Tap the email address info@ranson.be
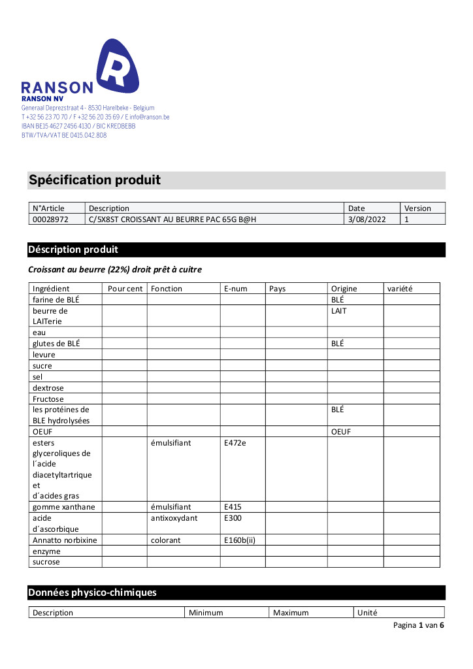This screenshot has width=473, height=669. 150,117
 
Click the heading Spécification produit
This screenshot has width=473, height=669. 95,180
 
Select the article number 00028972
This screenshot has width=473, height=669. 50,220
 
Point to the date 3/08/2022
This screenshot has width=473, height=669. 367,220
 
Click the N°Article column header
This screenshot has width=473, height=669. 48,208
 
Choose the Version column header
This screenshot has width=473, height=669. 417,208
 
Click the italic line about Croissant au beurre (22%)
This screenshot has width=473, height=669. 115,269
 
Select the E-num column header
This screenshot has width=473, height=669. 234,288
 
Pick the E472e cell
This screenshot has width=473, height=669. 235,443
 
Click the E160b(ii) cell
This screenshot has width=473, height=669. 240,540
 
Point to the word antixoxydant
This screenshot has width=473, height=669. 174,517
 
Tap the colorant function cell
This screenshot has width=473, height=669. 165,540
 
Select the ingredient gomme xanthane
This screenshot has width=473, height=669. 63,506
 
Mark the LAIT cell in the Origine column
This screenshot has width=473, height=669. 339,311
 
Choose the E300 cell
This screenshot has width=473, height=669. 233,517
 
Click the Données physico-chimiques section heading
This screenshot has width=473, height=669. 92,593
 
